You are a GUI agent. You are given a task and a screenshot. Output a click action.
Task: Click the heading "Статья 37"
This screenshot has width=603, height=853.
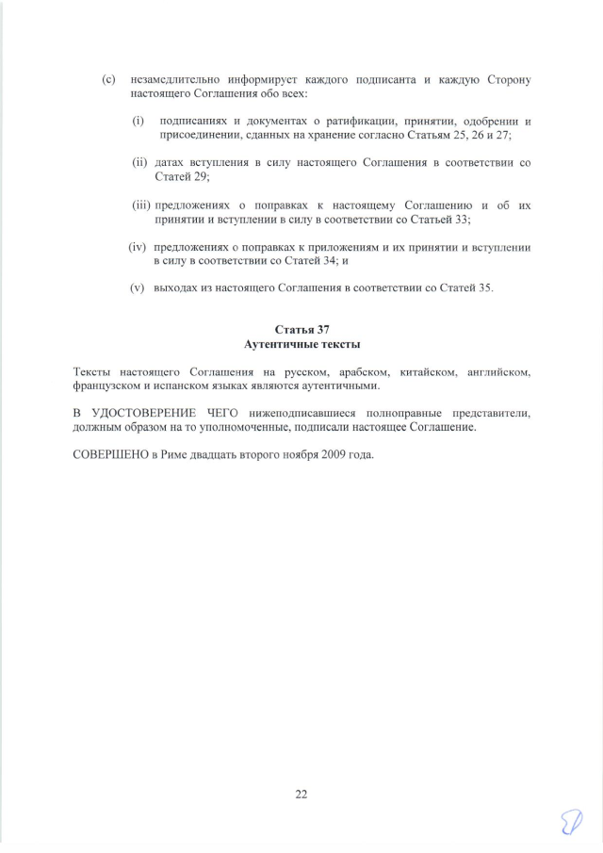point(301,330)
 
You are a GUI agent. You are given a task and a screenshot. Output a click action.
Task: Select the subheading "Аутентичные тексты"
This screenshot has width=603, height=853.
point(301,344)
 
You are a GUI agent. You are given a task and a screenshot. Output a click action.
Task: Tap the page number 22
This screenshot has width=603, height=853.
point(301,794)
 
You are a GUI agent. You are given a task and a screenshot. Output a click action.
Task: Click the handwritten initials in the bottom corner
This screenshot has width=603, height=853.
point(569,826)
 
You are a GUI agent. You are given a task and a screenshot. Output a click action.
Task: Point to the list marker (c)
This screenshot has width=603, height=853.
point(108,80)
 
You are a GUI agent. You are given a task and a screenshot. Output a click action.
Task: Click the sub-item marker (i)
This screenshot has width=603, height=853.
point(138,122)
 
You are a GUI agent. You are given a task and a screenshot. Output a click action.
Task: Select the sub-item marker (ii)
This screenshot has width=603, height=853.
point(139,163)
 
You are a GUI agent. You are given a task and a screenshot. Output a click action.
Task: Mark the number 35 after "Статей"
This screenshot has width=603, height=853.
point(485,287)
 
